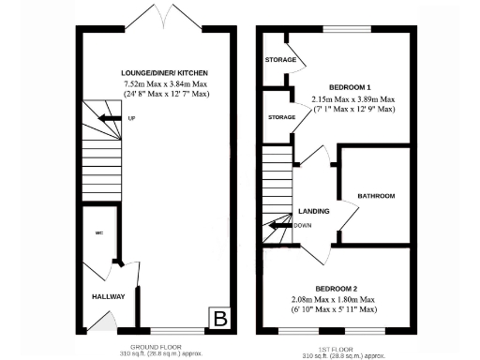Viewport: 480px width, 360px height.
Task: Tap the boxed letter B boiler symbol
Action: (220, 318)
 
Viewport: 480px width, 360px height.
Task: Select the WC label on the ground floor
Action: (97, 233)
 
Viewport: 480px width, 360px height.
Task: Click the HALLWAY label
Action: (109, 296)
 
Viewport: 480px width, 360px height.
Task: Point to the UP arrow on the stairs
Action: (111, 118)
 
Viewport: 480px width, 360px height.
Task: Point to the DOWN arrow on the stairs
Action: (281, 225)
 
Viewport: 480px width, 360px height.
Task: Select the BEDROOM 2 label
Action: (336, 288)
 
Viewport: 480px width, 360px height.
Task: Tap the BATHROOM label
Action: (376, 196)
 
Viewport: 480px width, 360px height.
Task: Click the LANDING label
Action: (314, 212)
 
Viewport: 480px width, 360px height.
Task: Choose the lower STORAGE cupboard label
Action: (282, 117)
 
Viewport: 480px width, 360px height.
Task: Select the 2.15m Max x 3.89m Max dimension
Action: (352, 97)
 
